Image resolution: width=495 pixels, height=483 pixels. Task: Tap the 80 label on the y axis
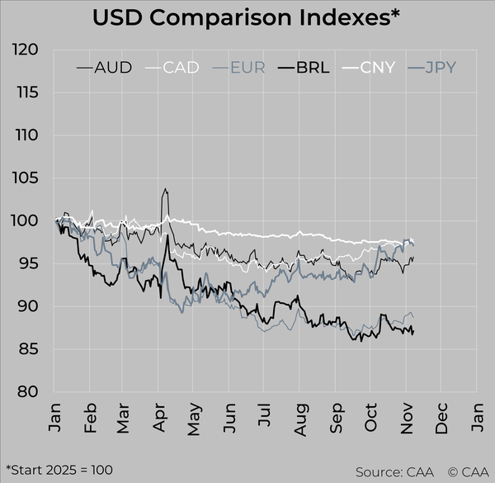[29, 392]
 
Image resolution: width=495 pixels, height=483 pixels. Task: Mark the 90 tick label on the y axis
[29, 307]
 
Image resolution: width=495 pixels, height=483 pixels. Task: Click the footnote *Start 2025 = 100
[59, 469]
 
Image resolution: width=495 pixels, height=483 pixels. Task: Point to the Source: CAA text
[389, 471]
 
